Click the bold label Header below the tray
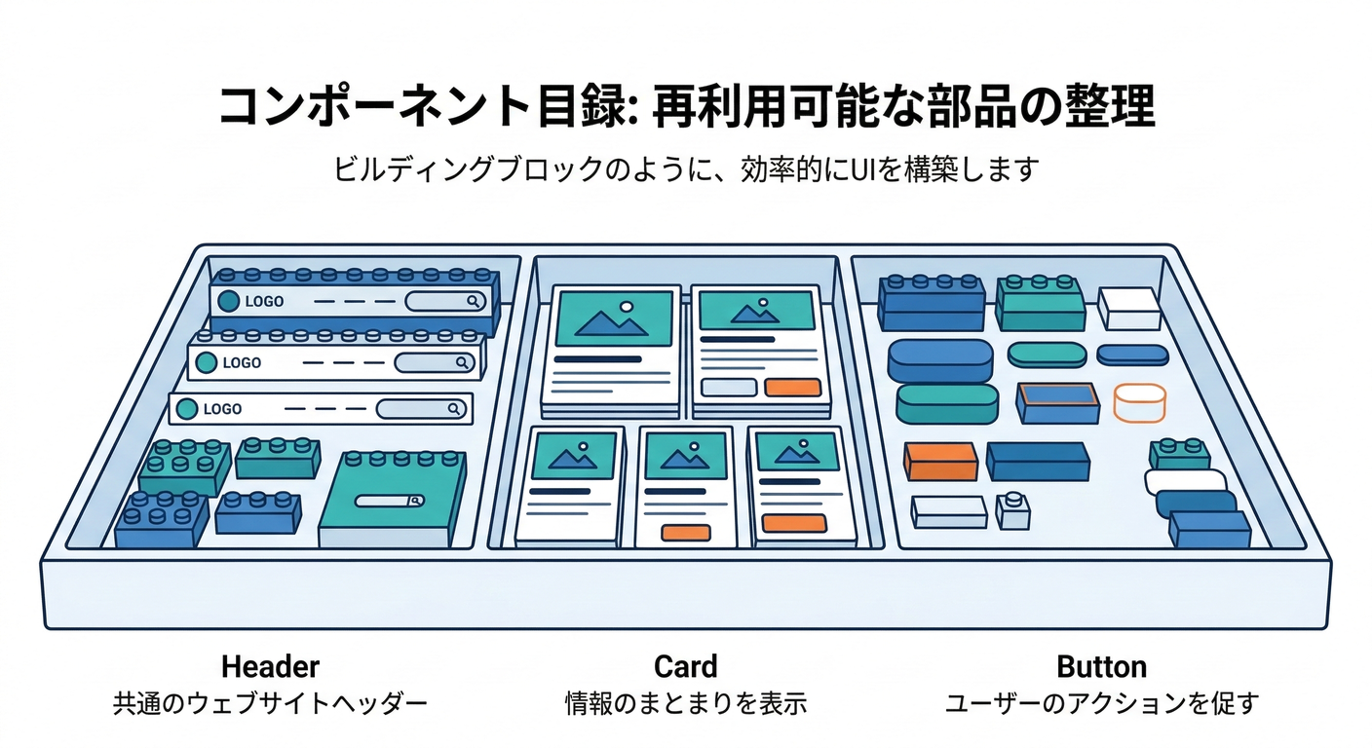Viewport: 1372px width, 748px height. click(x=270, y=667)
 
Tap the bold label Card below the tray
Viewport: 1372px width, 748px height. click(x=685, y=667)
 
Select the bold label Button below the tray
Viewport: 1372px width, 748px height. click(x=1101, y=667)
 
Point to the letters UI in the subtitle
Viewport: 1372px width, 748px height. click(x=867, y=168)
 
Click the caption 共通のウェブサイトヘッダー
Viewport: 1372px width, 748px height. click(x=270, y=703)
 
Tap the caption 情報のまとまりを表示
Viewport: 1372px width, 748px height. click(x=685, y=703)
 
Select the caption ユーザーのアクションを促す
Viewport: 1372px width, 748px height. click(x=1101, y=703)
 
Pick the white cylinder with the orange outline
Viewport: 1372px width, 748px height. click(x=1139, y=403)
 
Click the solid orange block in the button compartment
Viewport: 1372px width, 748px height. click(x=940, y=462)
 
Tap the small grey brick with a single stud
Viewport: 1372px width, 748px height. click(x=1013, y=509)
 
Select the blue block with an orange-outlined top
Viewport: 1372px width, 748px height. click(x=1057, y=401)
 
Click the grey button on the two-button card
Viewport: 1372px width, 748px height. click(x=729, y=387)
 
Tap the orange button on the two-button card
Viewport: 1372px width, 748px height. click(x=792, y=387)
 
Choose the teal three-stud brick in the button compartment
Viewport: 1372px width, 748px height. click(x=1040, y=303)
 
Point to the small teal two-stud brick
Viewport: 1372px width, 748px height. click(x=1179, y=453)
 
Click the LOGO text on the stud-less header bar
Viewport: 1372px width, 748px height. click(x=222, y=409)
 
